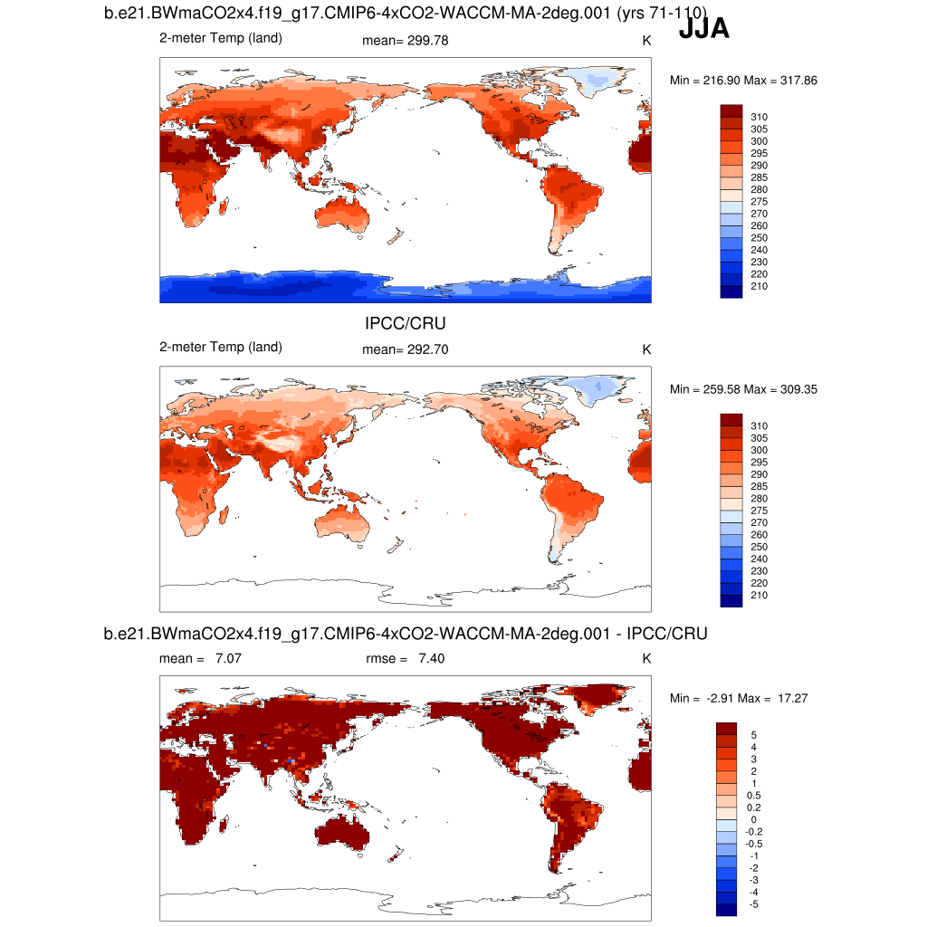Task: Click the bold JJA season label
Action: pyautogui.click(x=703, y=29)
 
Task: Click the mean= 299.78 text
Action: pyautogui.click(x=405, y=41)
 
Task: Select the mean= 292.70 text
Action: pyautogui.click(x=405, y=349)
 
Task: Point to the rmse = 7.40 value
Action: pyautogui.click(x=405, y=658)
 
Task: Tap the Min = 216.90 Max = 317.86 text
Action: pyautogui.click(x=743, y=81)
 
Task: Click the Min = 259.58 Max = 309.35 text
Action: pyautogui.click(x=743, y=389)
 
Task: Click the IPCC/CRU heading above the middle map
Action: pyautogui.click(x=405, y=323)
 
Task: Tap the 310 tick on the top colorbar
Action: pyautogui.click(x=759, y=117)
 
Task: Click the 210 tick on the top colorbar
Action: pyautogui.click(x=759, y=286)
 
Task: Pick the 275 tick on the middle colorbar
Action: pyautogui.click(x=759, y=511)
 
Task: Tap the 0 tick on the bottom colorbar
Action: pyautogui.click(x=754, y=819)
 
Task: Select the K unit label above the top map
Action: pyautogui.click(x=646, y=41)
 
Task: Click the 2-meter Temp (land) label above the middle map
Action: pyautogui.click(x=220, y=347)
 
